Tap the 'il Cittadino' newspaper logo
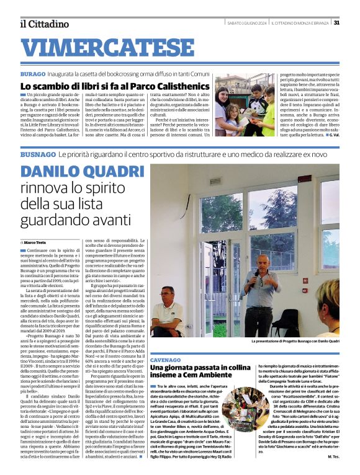[x=43, y=24]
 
